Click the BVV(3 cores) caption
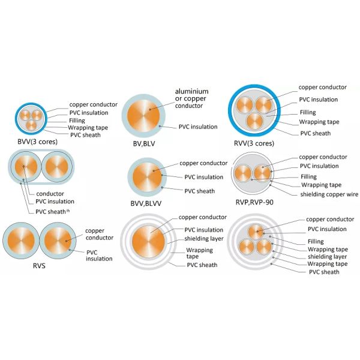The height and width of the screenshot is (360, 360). (37, 142)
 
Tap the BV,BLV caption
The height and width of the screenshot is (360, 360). (144, 144)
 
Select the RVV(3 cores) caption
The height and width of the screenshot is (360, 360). (254, 143)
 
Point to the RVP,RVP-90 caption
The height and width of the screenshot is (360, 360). (254, 202)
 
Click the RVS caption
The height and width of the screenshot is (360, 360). (39, 266)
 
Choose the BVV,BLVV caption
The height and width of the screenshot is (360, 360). (146, 203)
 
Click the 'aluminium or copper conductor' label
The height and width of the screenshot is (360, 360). (192, 98)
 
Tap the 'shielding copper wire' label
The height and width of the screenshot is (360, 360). (329, 194)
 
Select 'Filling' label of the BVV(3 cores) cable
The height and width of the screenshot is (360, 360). (77, 121)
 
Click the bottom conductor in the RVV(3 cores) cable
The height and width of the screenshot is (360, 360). (254, 122)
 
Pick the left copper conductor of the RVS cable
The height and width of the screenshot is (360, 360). (21, 241)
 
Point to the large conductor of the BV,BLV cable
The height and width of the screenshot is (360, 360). (143, 115)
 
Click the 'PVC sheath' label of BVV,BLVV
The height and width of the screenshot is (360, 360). (200, 191)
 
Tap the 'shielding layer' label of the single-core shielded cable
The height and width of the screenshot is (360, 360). (204, 239)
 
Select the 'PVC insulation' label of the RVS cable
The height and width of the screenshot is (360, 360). (99, 256)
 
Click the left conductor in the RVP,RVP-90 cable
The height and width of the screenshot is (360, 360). (243, 173)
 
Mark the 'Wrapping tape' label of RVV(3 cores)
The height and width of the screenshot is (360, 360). (319, 122)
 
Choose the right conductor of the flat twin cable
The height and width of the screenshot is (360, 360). (57, 167)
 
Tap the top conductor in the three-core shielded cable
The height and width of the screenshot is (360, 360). (256, 232)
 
